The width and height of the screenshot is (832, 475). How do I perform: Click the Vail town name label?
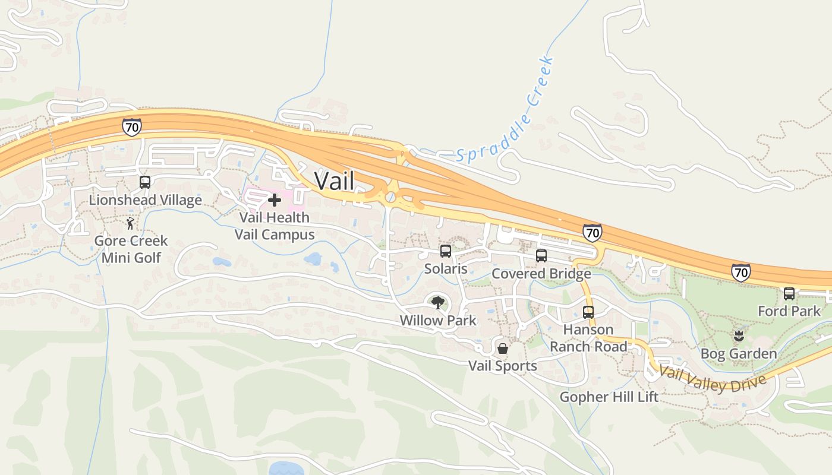point(334,180)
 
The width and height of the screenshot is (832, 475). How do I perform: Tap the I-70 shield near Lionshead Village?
point(132,127)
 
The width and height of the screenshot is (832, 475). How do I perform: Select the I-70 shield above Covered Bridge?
point(592,232)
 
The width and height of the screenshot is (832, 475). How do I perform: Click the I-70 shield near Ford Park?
point(740,273)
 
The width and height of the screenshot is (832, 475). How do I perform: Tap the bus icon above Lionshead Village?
point(145,182)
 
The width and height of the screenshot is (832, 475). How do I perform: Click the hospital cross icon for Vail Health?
point(275,200)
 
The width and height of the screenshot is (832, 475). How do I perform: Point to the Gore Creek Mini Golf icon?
point(131,224)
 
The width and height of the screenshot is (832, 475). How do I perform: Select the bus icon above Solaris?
point(446,251)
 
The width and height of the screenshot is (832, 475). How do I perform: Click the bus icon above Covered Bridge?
point(541,256)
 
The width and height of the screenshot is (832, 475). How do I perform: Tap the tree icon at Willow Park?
point(438,303)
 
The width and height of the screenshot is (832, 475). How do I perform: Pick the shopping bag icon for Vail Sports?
point(503,348)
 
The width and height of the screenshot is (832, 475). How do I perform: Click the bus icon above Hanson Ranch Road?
point(588,312)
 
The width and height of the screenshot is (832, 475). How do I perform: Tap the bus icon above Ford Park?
point(789,293)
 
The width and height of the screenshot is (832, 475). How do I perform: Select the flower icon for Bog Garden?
point(739,336)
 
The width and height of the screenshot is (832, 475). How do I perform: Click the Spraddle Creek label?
point(506,111)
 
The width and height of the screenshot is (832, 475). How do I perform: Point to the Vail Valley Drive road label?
point(712,379)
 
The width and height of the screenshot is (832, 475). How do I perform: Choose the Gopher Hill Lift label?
point(609,397)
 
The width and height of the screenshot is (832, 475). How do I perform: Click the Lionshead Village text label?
point(145,200)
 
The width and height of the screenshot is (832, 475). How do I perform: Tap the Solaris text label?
point(446,269)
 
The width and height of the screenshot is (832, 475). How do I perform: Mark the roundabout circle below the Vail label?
point(390,197)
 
